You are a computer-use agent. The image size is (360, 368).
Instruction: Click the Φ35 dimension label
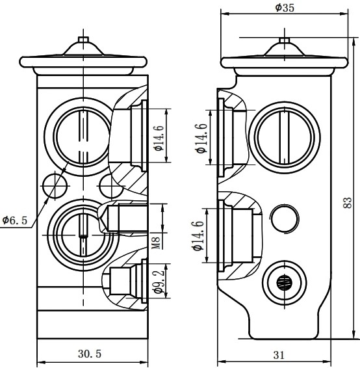(x=284, y=8)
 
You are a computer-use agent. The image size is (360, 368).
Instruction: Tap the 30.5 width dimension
(x=90, y=354)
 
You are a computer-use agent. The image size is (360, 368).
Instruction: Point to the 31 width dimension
(x=279, y=355)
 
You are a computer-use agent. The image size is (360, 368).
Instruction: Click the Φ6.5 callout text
(x=15, y=220)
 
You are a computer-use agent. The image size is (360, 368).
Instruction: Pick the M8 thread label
(x=157, y=243)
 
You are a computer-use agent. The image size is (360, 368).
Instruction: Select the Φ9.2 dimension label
(x=159, y=281)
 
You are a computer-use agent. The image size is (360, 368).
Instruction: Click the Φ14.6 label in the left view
(x=159, y=138)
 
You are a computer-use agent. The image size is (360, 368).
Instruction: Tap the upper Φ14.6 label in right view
(x=202, y=138)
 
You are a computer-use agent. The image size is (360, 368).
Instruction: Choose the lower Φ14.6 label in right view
(x=198, y=235)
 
